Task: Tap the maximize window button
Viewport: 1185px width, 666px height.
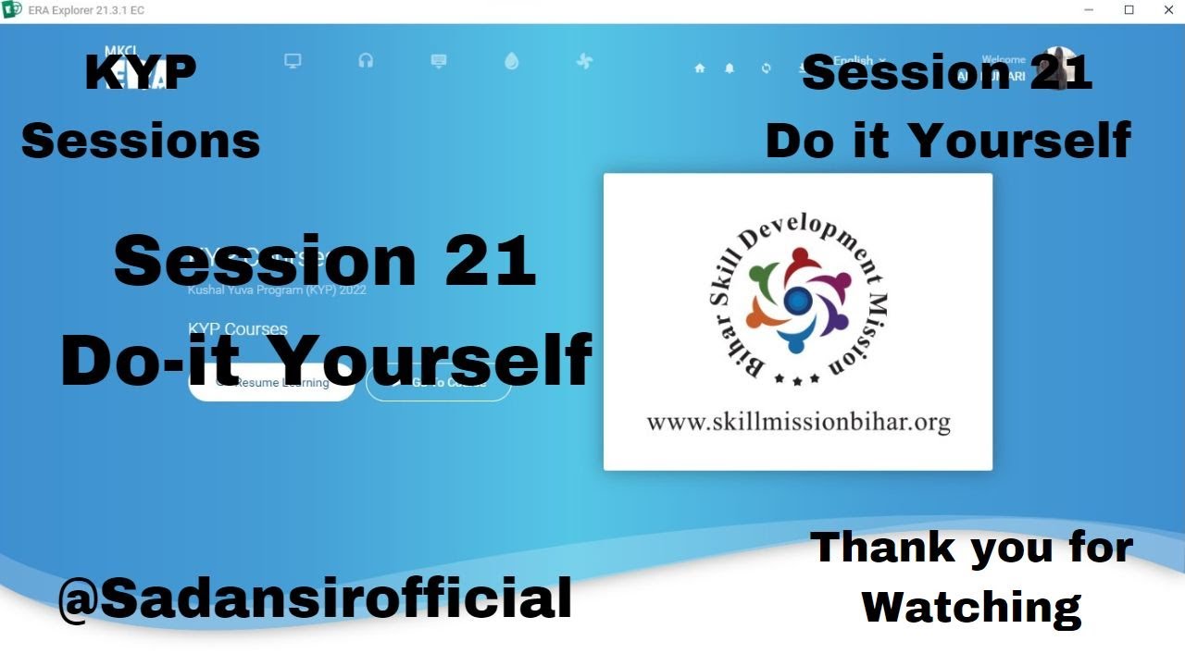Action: pyautogui.click(x=1129, y=10)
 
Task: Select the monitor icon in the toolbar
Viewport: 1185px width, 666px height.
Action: pyautogui.click(x=293, y=61)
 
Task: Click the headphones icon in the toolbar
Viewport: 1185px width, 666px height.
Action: pyautogui.click(x=366, y=61)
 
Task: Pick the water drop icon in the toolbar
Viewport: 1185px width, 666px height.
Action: pyautogui.click(x=512, y=61)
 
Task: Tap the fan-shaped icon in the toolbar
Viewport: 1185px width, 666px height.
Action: pyautogui.click(x=584, y=62)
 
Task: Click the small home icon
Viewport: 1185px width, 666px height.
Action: pyautogui.click(x=700, y=68)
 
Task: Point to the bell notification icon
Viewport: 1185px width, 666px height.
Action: pyautogui.click(x=730, y=68)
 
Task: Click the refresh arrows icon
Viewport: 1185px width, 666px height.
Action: pyautogui.click(x=766, y=68)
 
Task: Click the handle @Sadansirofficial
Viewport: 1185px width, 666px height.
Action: pyautogui.click(x=315, y=598)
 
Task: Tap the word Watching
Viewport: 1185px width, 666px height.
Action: pyautogui.click(x=971, y=607)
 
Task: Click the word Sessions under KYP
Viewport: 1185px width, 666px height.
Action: pyautogui.click(x=141, y=142)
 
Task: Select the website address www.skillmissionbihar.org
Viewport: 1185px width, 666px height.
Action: pyautogui.click(x=798, y=423)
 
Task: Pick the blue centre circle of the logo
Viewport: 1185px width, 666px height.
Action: pyautogui.click(x=797, y=300)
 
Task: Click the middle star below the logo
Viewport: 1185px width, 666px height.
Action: pyautogui.click(x=797, y=379)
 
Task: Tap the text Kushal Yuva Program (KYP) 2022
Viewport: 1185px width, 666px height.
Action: pyautogui.click(x=277, y=290)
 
